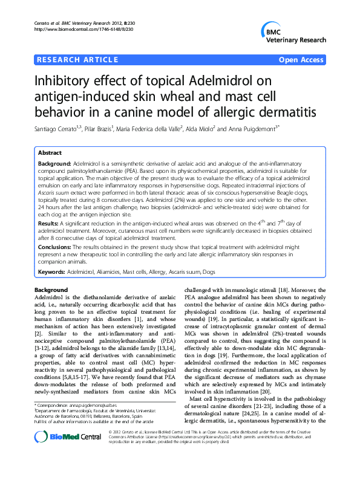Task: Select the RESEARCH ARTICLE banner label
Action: click(x=77, y=60)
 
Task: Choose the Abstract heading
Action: click(x=51, y=153)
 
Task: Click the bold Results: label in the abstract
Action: click(x=51, y=223)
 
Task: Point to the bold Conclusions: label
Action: click(x=59, y=247)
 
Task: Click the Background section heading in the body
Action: click(x=51, y=290)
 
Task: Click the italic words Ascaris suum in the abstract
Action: click(x=55, y=192)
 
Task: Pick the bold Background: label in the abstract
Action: click(x=54, y=164)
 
